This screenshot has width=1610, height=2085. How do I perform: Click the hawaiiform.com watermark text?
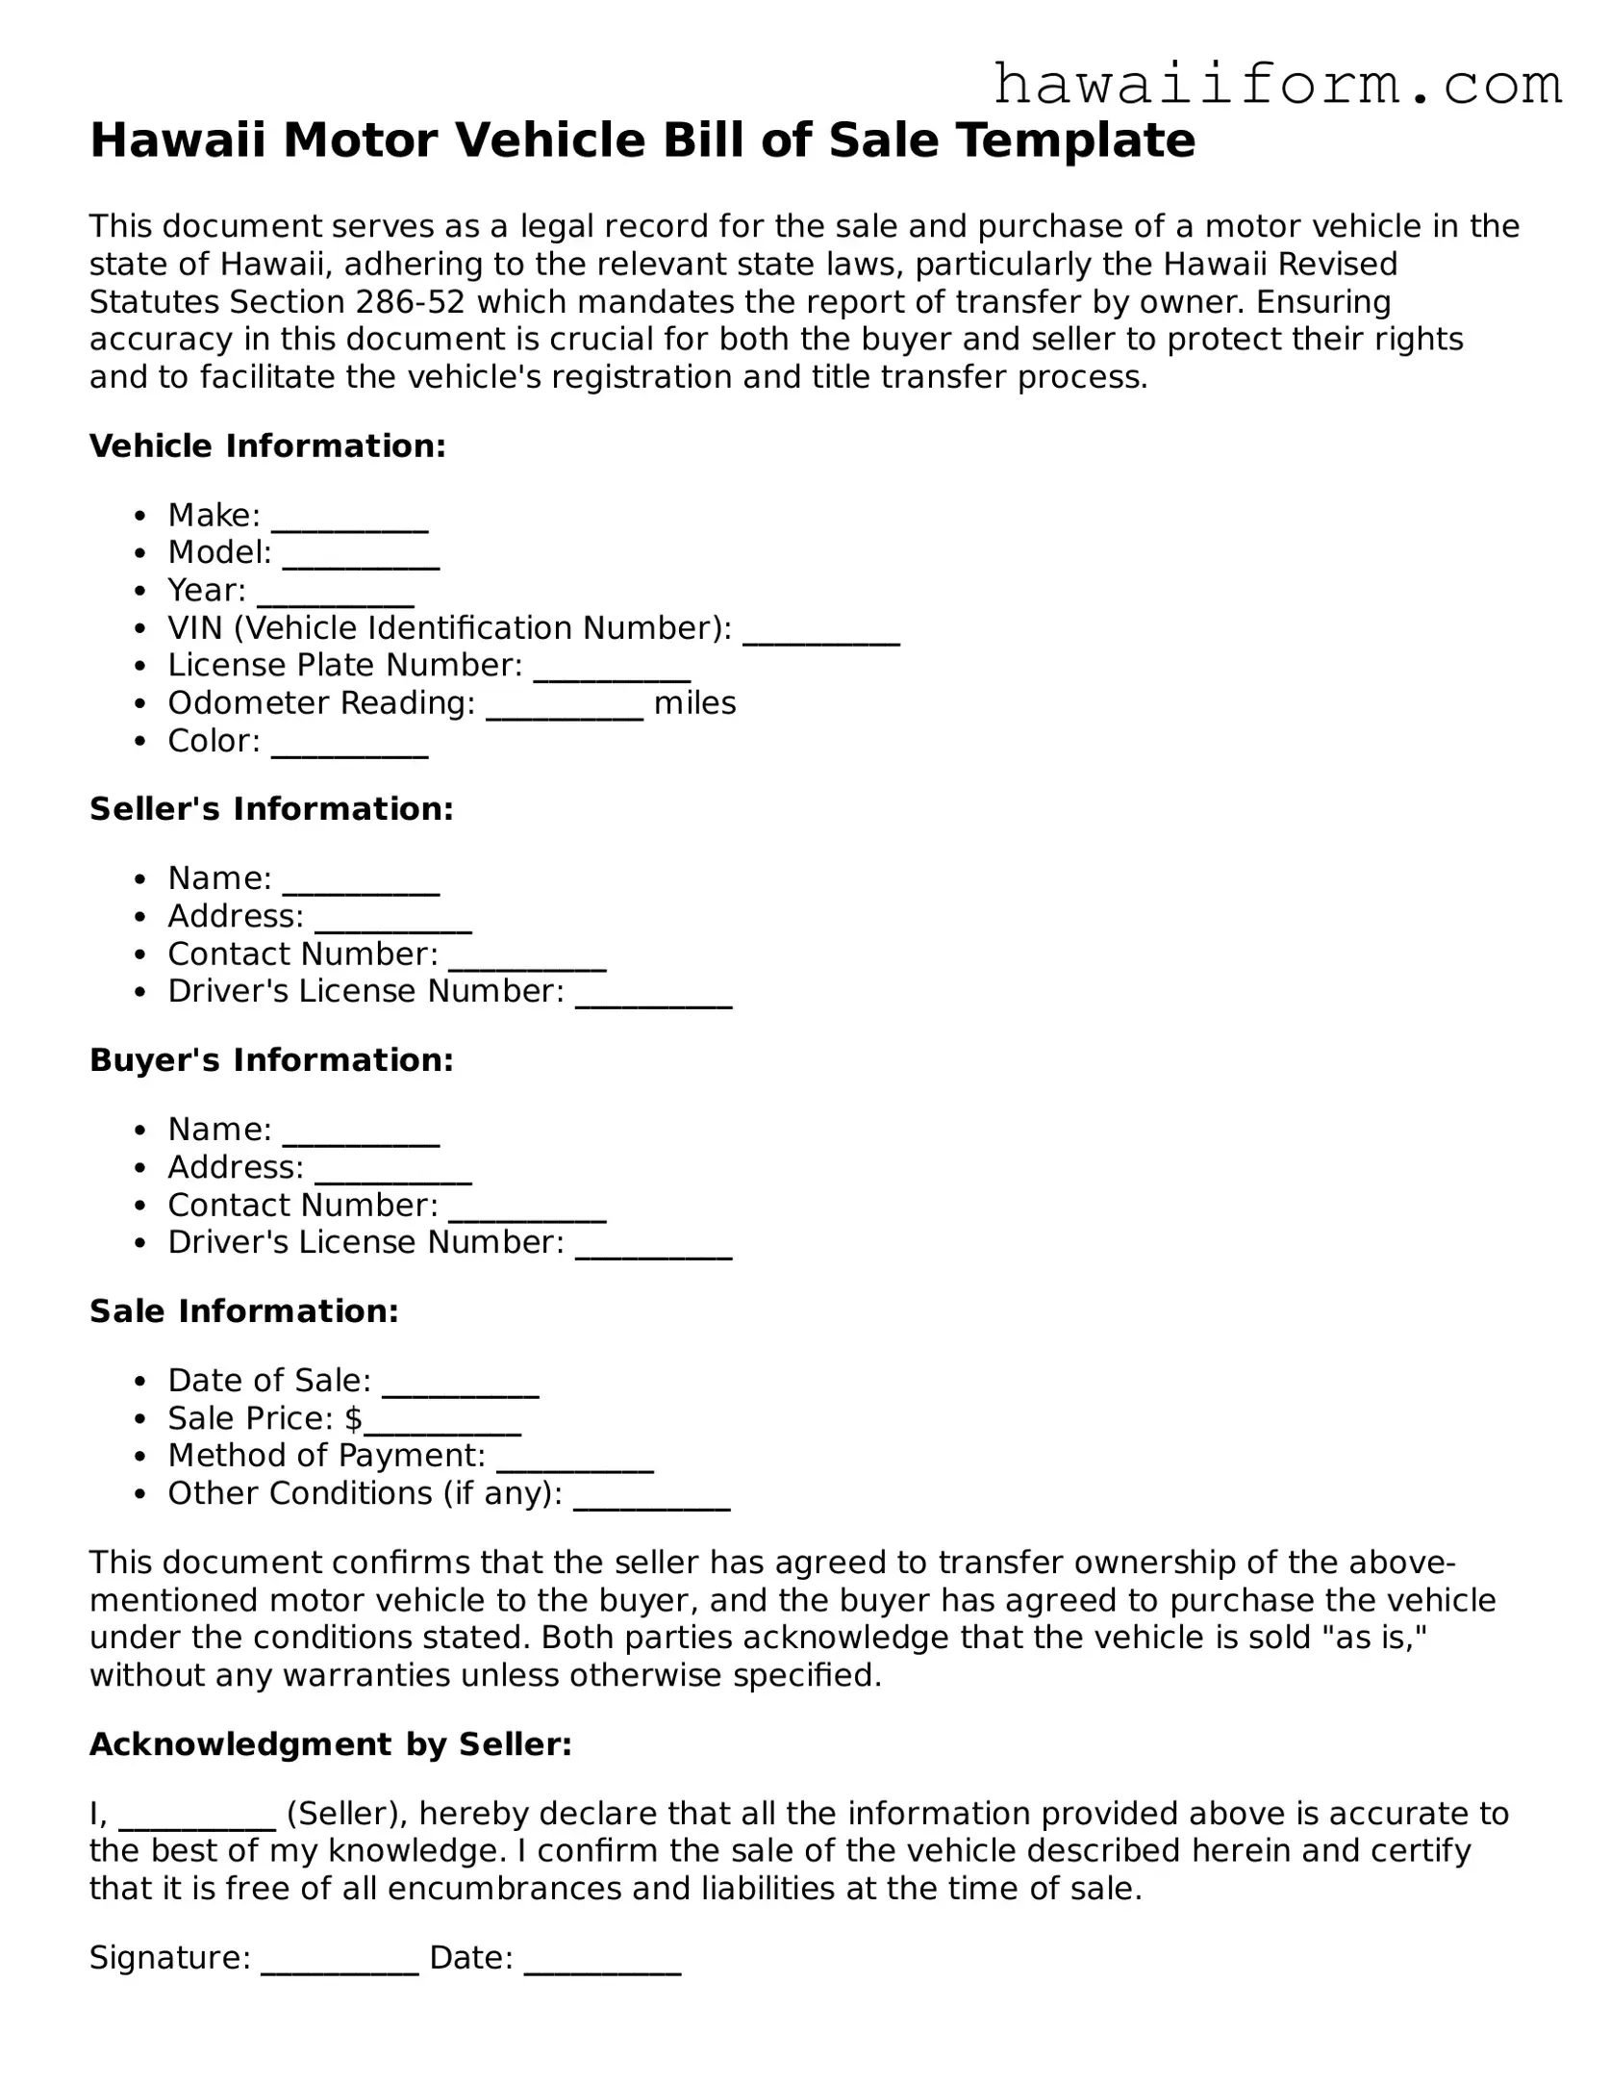coord(1276,86)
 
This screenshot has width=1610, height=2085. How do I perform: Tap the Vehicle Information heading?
coord(267,445)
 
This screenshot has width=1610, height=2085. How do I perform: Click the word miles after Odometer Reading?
coord(694,703)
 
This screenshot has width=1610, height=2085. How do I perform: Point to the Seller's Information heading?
coord(271,809)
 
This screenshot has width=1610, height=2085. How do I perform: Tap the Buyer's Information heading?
coord(271,1060)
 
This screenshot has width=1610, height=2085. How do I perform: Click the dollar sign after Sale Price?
coord(353,1418)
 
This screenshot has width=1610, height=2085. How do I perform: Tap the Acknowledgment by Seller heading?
coord(331,1744)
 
